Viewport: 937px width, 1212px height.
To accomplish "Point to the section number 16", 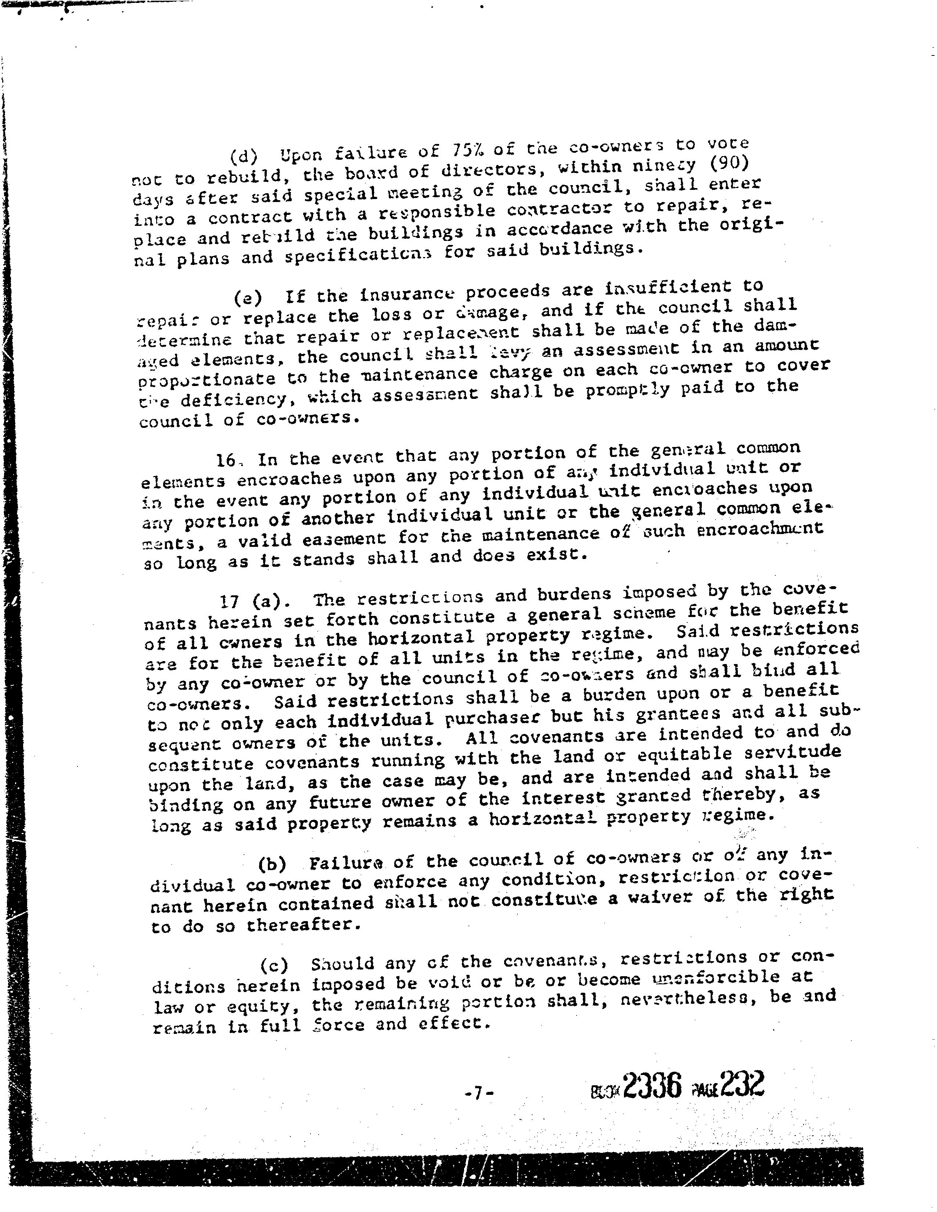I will tap(227, 460).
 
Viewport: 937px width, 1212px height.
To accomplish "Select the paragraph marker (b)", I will tap(272, 865).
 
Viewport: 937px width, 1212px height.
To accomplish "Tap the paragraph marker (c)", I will tap(274, 966).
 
